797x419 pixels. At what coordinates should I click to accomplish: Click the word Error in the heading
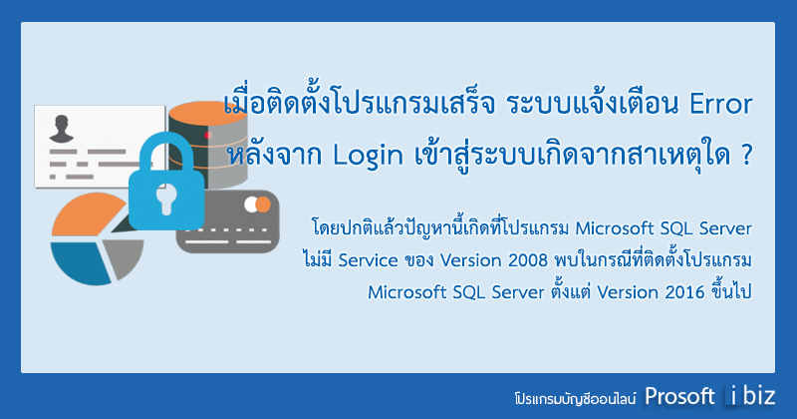[x=720, y=105]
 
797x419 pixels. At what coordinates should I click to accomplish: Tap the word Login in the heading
[x=368, y=156]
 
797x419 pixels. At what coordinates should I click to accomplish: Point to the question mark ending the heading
[x=746, y=155]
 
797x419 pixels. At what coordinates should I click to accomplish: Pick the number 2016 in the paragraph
[x=684, y=292]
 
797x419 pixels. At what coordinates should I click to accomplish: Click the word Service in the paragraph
[x=368, y=260]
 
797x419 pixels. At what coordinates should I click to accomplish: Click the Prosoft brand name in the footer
[x=679, y=396]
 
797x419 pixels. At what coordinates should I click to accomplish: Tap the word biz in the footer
[x=759, y=396]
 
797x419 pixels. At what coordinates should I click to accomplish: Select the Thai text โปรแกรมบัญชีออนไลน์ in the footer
[x=575, y=398]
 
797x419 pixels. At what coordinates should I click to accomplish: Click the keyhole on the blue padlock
[x=166, y=199]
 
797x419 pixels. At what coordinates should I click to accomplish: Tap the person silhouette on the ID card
[x=62, y=129]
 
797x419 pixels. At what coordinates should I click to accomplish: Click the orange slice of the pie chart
[x=87, y=214]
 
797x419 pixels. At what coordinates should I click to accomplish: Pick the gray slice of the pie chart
[x=124, y=256]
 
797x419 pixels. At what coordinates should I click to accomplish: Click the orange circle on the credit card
[x=263, y=205]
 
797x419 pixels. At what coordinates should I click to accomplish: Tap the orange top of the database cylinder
[x=207, y=115]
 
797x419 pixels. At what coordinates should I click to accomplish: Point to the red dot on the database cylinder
[x=208, y=135]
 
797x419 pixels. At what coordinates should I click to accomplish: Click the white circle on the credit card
[x=251, y=205]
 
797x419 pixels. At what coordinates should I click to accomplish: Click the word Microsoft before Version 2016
[x=405, y=292]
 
